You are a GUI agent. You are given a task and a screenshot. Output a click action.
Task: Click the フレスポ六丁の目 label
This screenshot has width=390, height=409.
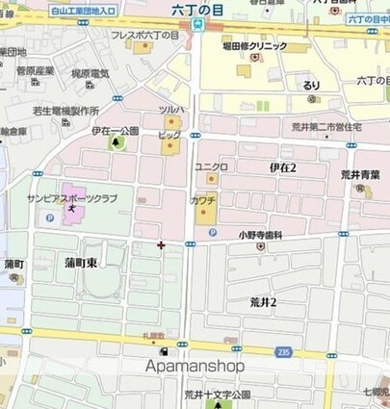pyautogui.click(x=144, y=35)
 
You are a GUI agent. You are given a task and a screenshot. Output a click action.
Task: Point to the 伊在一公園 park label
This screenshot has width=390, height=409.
pyautogui.click(x=116, y=131)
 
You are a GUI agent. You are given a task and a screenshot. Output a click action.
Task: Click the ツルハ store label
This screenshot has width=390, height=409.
pyautogui.click(x=171, y=111)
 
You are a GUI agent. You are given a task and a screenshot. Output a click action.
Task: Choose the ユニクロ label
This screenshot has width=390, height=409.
pyautogui.click(x=211, y=166)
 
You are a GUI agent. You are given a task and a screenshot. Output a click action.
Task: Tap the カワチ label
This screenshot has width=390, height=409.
pyautogui.click(x=202, y=199)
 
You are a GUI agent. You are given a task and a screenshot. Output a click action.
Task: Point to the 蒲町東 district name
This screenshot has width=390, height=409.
pyautogui.click(x=81, y=263)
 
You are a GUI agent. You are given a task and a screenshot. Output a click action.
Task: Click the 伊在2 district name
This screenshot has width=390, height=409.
pyautogui.click(x=282, y=167)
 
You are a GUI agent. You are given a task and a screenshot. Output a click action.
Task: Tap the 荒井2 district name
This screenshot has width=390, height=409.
pyautogui.click(x=263, y=301)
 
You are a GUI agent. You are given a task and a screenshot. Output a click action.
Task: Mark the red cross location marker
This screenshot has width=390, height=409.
pyautogui.click(x=161, y=244)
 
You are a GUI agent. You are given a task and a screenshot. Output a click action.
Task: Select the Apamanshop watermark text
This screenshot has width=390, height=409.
pyautogui.click(x=195, y=366)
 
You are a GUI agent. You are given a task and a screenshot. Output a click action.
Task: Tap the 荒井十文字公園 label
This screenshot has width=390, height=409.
pyautogui.click(x=217, y=395)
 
